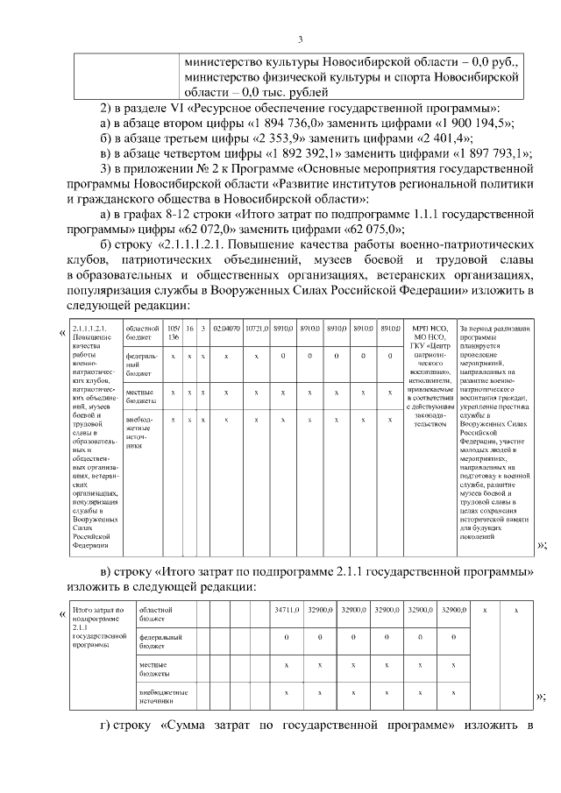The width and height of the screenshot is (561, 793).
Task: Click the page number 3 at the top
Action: coord(300,39)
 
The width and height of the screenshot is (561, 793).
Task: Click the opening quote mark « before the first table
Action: coord(61,333)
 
